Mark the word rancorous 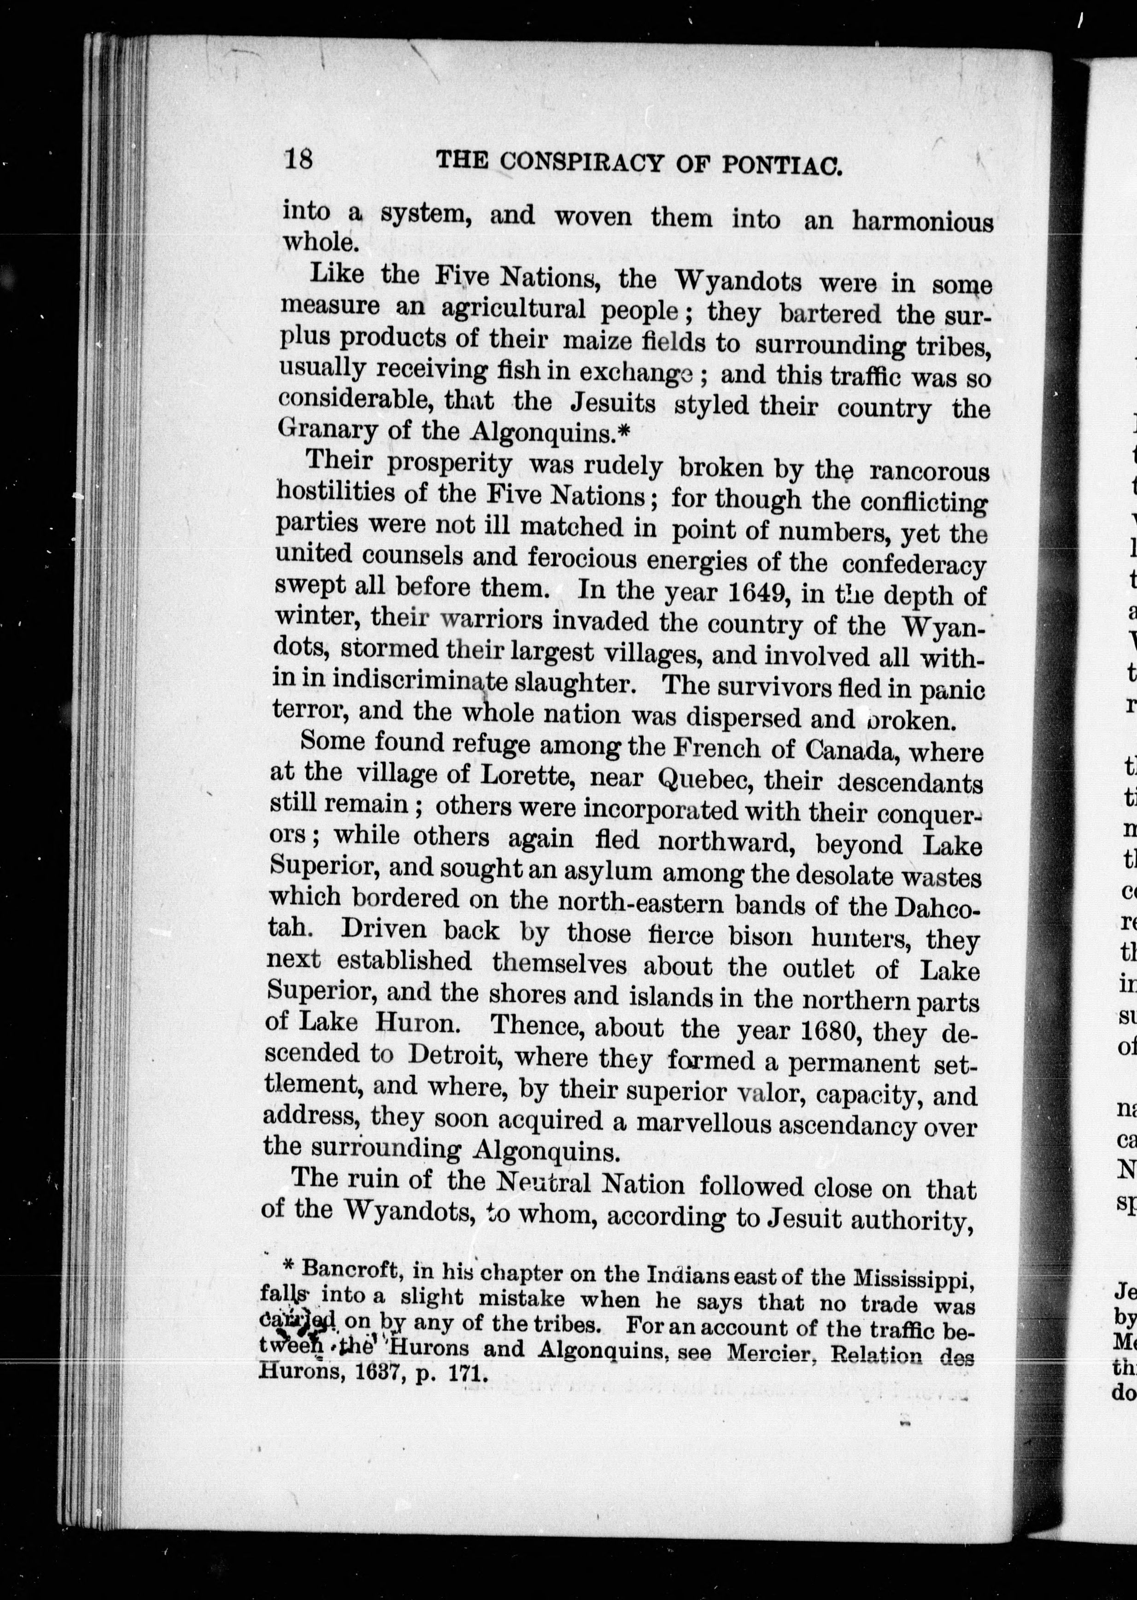pos(929,471)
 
